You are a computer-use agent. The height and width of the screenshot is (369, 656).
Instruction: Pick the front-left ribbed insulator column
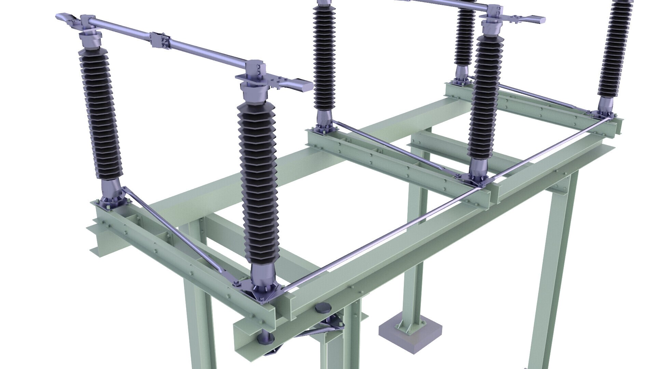click(x=99, y=116)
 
